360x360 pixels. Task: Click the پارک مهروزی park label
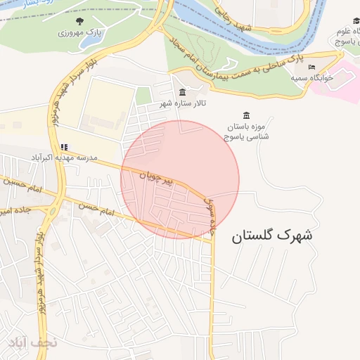79,33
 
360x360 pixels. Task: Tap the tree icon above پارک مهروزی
79,21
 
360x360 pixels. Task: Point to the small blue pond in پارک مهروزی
90,42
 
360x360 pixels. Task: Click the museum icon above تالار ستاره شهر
183,93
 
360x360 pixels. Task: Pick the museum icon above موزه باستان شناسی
246,115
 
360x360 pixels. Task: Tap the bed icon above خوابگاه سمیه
311,67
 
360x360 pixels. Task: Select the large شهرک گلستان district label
272,236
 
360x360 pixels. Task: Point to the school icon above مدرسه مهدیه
65,148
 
